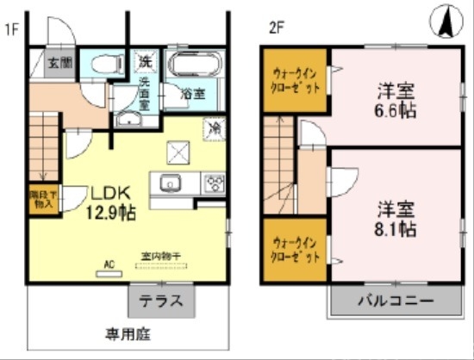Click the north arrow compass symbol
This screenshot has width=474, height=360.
tap(447, 22)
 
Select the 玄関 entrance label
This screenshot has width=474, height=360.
tap(59, 63)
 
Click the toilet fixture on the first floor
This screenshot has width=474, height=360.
tap(108, 63)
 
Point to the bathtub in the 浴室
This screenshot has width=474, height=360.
tap(193, 65)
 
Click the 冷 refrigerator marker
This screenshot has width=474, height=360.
tap(212, 127)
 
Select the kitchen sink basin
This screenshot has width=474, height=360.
tap(168, 183)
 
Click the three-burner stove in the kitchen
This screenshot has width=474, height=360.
tap(213, 183)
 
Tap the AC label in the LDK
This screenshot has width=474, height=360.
tap(109, 264)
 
